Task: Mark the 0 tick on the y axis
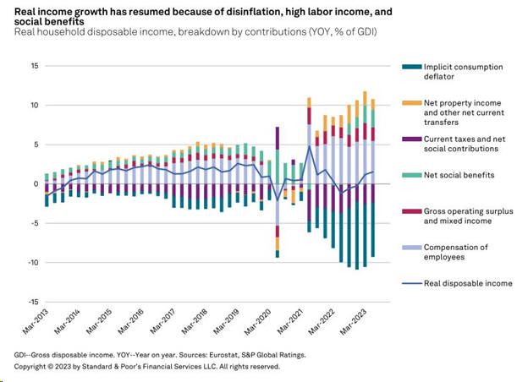36,183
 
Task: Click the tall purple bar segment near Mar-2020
277,139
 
